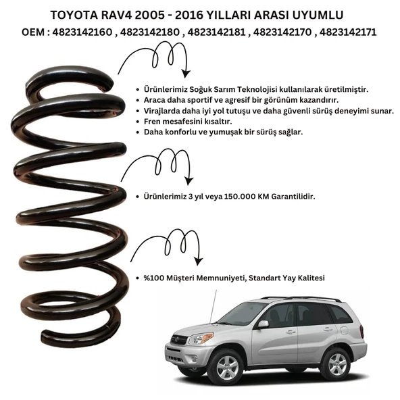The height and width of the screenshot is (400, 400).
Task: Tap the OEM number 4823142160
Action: coord(82,32)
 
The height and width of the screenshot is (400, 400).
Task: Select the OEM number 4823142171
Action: coord(348,32)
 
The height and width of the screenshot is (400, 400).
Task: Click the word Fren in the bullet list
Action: coord(152,122)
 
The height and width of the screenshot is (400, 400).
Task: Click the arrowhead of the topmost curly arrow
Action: coord(186,73)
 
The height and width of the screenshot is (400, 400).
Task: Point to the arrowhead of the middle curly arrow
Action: coord(189,180)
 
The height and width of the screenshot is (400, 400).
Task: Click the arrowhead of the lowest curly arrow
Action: coord(199,261)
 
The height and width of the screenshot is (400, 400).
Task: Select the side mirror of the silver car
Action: coord(263,324)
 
